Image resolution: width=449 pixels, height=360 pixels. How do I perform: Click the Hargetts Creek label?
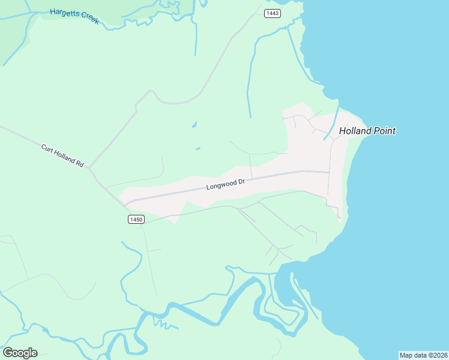pyautogui.click(x=74, y=16)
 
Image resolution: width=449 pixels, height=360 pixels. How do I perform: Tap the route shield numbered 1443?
pyautogui.click(x=273, y=13)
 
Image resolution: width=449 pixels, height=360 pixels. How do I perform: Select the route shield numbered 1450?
pyautogui.click(x=136, y=220)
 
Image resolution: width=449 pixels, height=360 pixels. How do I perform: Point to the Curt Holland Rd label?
pyautogui.click(x=62, y=155)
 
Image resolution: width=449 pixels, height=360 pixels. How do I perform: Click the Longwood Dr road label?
pyautogui.click(x=226, y=184)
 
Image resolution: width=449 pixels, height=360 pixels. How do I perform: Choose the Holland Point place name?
pyautogui.click(x=367, y=131)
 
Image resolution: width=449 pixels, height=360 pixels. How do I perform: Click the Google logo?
pyautogui.click(x=20, y=353)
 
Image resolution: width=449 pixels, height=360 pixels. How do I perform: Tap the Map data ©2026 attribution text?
pyautogui.click(x=423, y=355)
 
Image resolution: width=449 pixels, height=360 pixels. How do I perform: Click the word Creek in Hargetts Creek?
pyautogui.click(x=89, y=20)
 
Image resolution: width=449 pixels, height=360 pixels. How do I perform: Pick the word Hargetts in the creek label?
pyautogui.click(x=65, y=13)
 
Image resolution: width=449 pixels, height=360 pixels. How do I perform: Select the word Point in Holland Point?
pyautogui.click(x=384, y=131)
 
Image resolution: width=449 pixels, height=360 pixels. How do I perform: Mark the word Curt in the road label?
pyautogui.click(x=47, y=148)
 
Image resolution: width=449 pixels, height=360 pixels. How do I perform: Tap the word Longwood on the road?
pyautogui.click(x=221, y=185)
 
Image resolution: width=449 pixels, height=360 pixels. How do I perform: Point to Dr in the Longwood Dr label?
pyautogui.click(x=242, y=181)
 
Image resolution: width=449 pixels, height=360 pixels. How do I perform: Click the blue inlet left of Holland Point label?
pyautogui.click(x=332, y=124)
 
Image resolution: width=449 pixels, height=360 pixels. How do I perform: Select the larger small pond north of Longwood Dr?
pyautogui.click(x=194, y=125)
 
